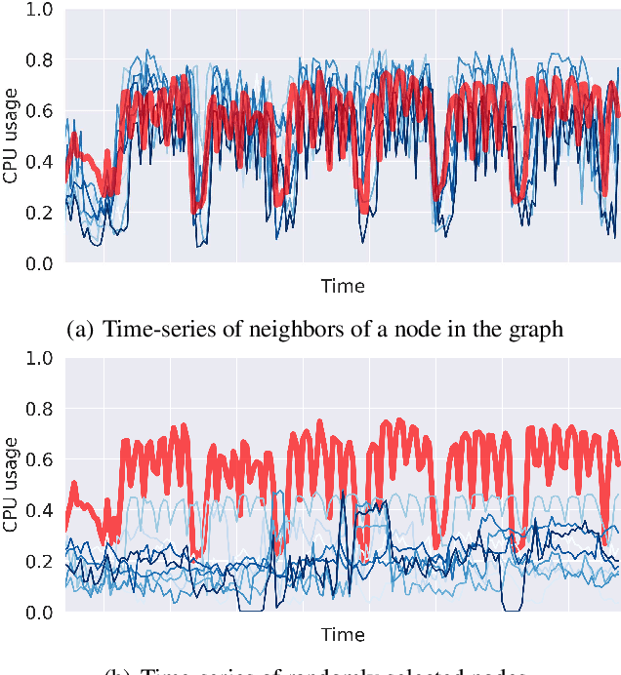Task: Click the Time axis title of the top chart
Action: (x=343, y=286)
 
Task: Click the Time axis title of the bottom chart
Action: (x=343, y=635)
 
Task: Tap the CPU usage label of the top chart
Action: (x=11, y=136)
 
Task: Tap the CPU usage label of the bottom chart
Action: (x=11, y=485)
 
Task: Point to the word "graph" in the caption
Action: (x=536, y=330)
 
